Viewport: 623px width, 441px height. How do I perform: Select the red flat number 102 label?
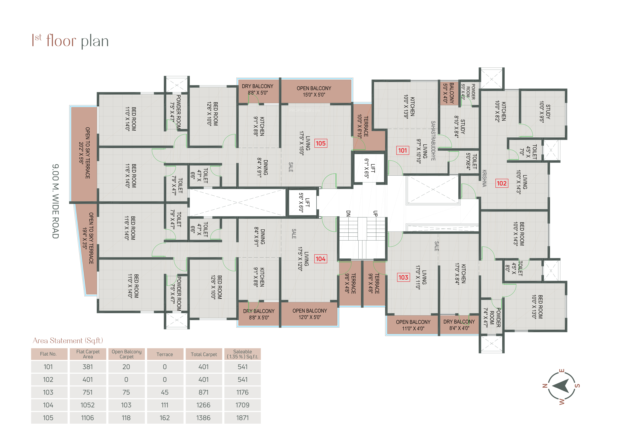501,183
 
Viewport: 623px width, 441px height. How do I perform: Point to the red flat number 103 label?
403,277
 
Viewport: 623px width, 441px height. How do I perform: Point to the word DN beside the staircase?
348,214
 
